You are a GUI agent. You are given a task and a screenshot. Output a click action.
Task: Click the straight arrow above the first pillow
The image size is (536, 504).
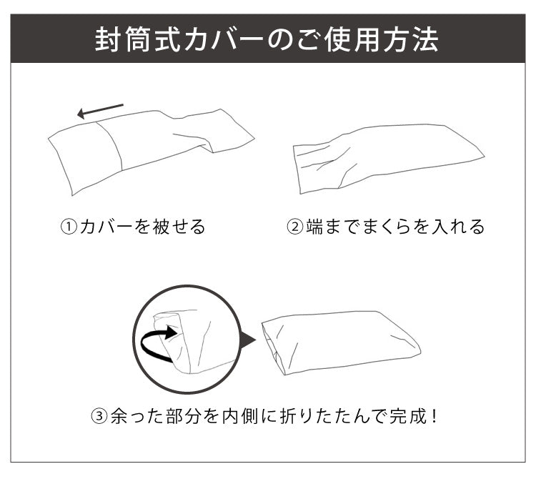[100, 110]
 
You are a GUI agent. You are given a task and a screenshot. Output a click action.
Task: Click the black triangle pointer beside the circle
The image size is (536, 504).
[247, 339]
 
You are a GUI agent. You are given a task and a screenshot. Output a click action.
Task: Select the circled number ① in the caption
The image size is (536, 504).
[68, 227]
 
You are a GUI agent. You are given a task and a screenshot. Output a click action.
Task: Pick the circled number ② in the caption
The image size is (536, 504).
[295, 227]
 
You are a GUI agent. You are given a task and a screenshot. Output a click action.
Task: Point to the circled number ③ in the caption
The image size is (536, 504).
[99, 415]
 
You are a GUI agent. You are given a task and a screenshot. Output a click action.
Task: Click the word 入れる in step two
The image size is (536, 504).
[459, 227]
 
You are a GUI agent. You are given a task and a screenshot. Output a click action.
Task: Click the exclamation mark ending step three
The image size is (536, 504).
[433, 415]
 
